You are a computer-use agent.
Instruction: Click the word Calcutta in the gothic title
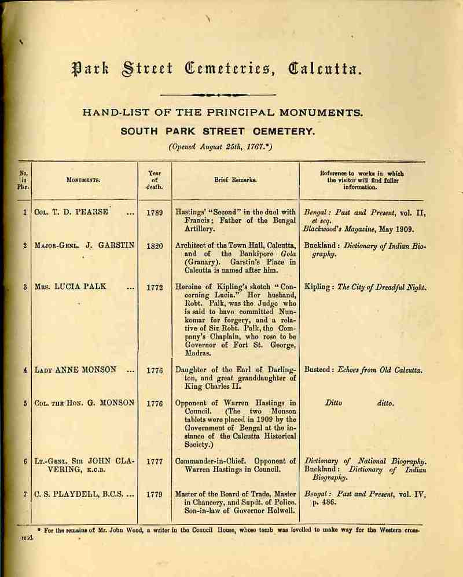click(329, 71)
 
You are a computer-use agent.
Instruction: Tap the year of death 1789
click(155, 212)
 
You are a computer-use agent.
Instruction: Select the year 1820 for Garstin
click(155, 245)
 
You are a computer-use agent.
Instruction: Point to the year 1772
click(155, 287)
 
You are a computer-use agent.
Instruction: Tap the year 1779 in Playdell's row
click(155, 495)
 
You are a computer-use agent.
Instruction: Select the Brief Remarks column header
click(236, 180)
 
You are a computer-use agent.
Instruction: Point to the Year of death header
click(155, 180)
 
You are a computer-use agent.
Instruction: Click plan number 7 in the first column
click(25, 495)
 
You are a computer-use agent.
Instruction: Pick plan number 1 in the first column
click(25, 212)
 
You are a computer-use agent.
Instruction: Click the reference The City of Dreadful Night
click(382, 287)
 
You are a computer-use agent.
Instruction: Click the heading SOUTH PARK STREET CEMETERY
click(218, 132)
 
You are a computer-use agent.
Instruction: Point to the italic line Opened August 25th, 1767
click(220, 146)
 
